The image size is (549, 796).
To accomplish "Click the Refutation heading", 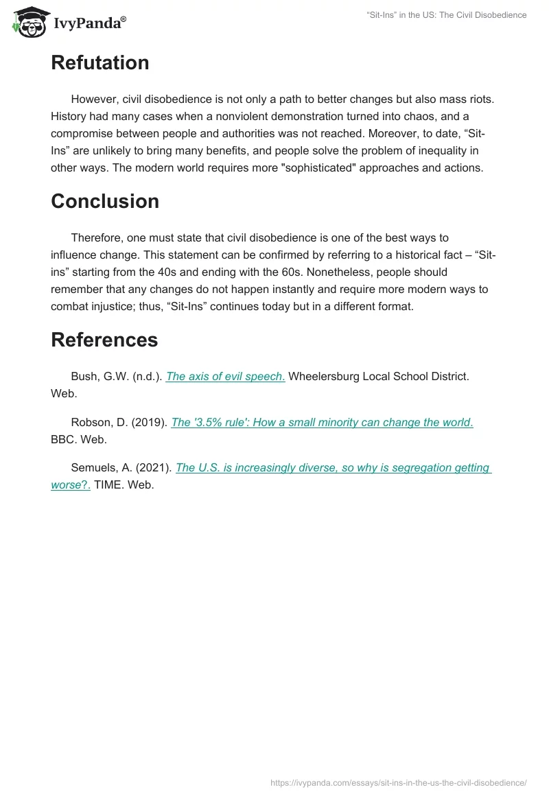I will click(100, 63).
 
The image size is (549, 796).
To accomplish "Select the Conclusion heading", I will click(104, 201).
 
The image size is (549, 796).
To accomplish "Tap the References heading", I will click(104, 340).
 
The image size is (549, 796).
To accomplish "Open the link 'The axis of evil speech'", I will click(225, 377).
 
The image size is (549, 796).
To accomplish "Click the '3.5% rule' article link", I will click(322, 423).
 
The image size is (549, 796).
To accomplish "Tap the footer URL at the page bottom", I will click(399, 782).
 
